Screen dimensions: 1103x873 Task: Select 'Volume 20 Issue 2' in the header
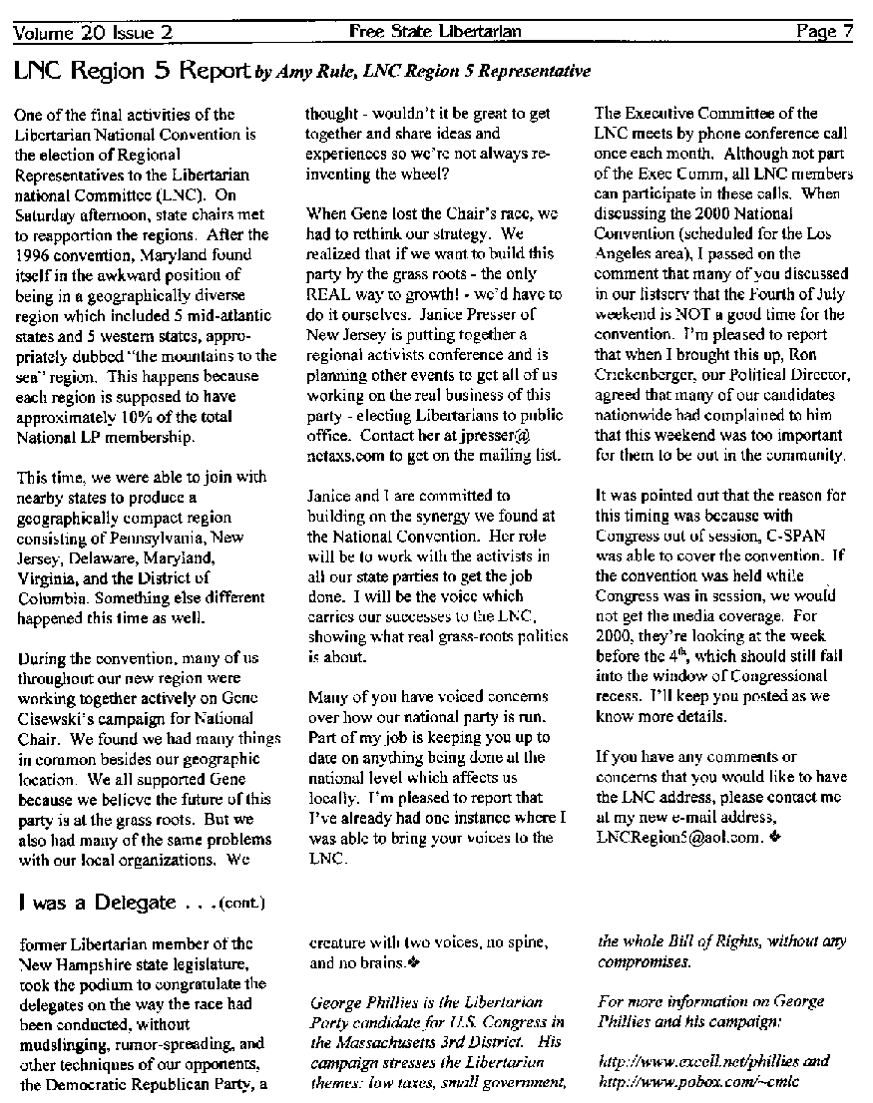tap(93, 32)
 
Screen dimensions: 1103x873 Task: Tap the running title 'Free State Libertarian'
tap(435, 32)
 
